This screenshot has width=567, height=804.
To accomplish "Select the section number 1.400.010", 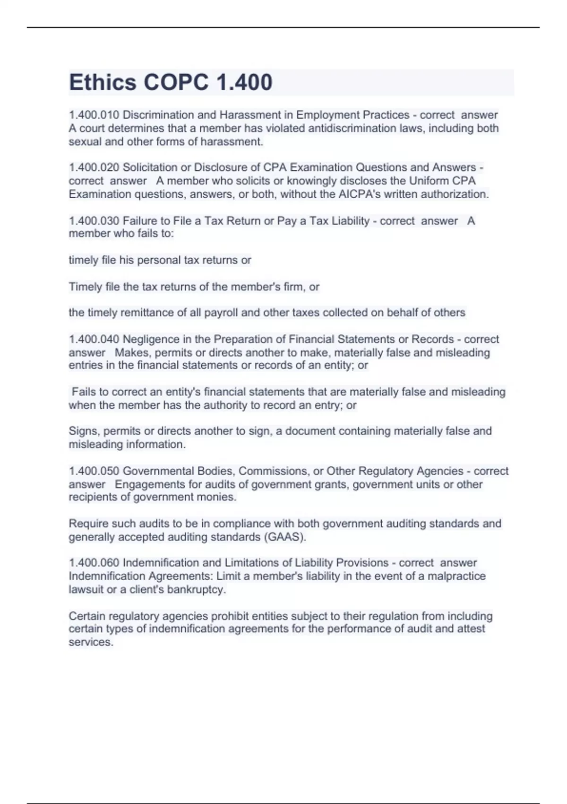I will click(94, 115).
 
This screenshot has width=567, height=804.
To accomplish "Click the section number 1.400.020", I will click(94, 167).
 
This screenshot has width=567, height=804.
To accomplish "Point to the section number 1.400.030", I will click(94, 221).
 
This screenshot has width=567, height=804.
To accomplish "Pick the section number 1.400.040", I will click(94, 339).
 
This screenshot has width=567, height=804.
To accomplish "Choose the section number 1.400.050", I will click(94, 471).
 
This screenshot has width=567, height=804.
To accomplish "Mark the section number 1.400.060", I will click(94, 563).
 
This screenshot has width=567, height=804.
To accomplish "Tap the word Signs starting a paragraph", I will click(83, 431).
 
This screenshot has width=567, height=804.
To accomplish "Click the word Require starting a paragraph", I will click(87, 524).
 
